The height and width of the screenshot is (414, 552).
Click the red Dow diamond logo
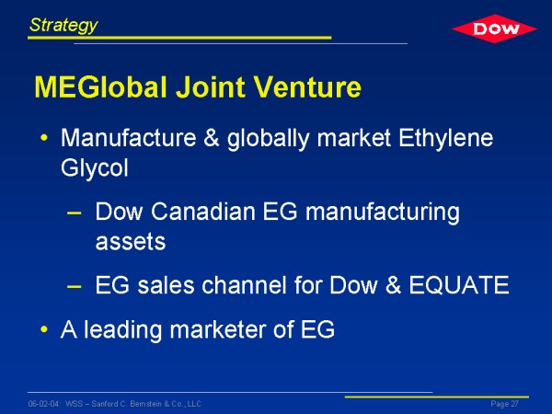pos(494,29)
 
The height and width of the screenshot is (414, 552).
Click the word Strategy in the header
pos(63,26)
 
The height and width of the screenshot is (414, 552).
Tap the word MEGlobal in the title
pos(100,86)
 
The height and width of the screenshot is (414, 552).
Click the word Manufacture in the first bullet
pos(129,138)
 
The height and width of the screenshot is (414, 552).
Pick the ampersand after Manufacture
pos(212,138)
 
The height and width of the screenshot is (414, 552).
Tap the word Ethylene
pos(445,139)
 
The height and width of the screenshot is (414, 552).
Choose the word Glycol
pos(95,168)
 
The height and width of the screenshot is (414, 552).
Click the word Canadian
pos(203,212)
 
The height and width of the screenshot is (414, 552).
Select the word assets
pos(131,242)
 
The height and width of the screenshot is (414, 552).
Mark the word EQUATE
pos(459,285)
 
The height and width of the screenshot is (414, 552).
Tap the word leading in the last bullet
pos(122,331)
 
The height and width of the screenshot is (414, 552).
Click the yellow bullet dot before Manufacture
pos(44,138)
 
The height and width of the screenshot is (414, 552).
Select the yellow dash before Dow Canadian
pos(74,213)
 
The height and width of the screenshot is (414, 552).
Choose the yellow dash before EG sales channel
pos(74,286)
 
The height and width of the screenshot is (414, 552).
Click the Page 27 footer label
pos(504,404)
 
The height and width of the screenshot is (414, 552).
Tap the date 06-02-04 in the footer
pos(43,404)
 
